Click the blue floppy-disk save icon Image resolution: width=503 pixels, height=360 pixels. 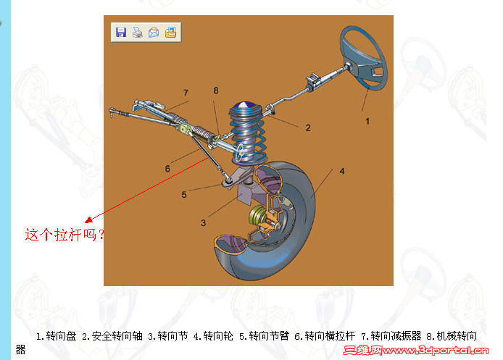[121, 32]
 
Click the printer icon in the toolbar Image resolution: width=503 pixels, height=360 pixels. [137, 32]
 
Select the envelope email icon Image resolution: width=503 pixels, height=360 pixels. [154, 32]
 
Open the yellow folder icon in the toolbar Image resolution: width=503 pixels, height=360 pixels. [170, 32]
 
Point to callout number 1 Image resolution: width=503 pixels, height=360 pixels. [367, 121]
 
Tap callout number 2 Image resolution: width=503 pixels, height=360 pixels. [308, 127]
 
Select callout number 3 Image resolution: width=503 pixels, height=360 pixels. [204, 222]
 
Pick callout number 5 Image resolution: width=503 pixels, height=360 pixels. [184, 194]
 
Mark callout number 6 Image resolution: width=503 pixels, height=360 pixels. [167, 169]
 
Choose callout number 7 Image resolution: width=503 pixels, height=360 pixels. [186, 93]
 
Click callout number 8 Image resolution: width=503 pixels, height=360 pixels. [215, 90]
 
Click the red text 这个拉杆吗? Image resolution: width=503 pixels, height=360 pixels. [65, 235]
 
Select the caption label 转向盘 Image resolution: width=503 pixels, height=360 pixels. [61, 336]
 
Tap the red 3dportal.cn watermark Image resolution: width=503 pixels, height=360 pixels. [420, 351]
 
